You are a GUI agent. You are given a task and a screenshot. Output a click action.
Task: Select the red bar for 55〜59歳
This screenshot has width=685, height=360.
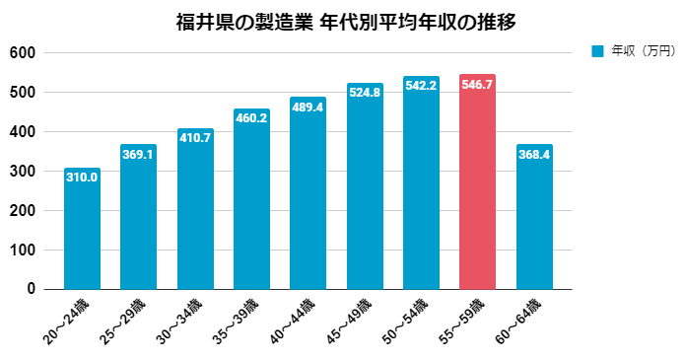pyautogui.click(x=477, y=182)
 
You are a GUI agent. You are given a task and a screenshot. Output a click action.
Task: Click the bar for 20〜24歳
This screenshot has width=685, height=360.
pyautogui.click(x=82, y=229)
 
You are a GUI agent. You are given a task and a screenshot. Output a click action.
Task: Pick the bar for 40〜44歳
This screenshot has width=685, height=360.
pyautogui.click(x=308, y=193)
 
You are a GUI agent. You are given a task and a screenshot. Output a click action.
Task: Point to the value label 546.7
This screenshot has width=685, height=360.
pyautogui.click(x=477, y=86)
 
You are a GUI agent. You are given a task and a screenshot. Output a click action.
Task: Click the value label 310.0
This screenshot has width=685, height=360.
pyautogui.click(x=82, y=178)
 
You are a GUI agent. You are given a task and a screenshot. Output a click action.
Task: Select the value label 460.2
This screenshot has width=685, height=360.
pyautogui.click(x=251, y=118)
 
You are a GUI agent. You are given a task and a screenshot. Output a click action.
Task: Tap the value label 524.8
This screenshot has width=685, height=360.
pyautogui.click(x=365, y=93)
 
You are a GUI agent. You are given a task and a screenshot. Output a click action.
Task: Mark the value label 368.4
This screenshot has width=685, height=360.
pyautogui.click(x=534, y=155)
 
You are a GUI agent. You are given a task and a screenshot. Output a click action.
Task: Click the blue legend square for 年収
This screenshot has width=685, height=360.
pyautogui.click(x=596, y=50)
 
